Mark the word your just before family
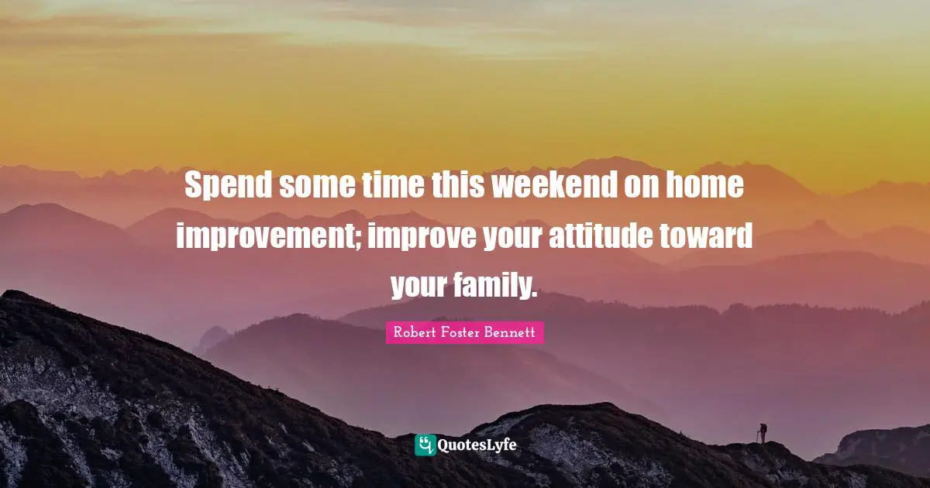pos(423,286)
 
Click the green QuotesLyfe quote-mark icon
pos(425,445)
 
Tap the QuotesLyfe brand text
pos(477,445)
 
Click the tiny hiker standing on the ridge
pos(763,433)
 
